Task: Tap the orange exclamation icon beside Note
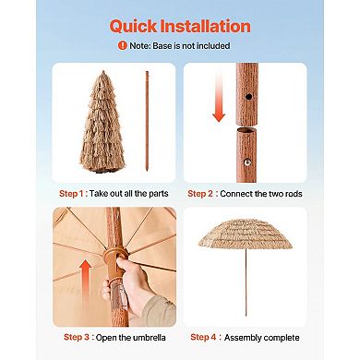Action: click(x=122, y=45)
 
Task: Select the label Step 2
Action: click(x=204, y=195)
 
